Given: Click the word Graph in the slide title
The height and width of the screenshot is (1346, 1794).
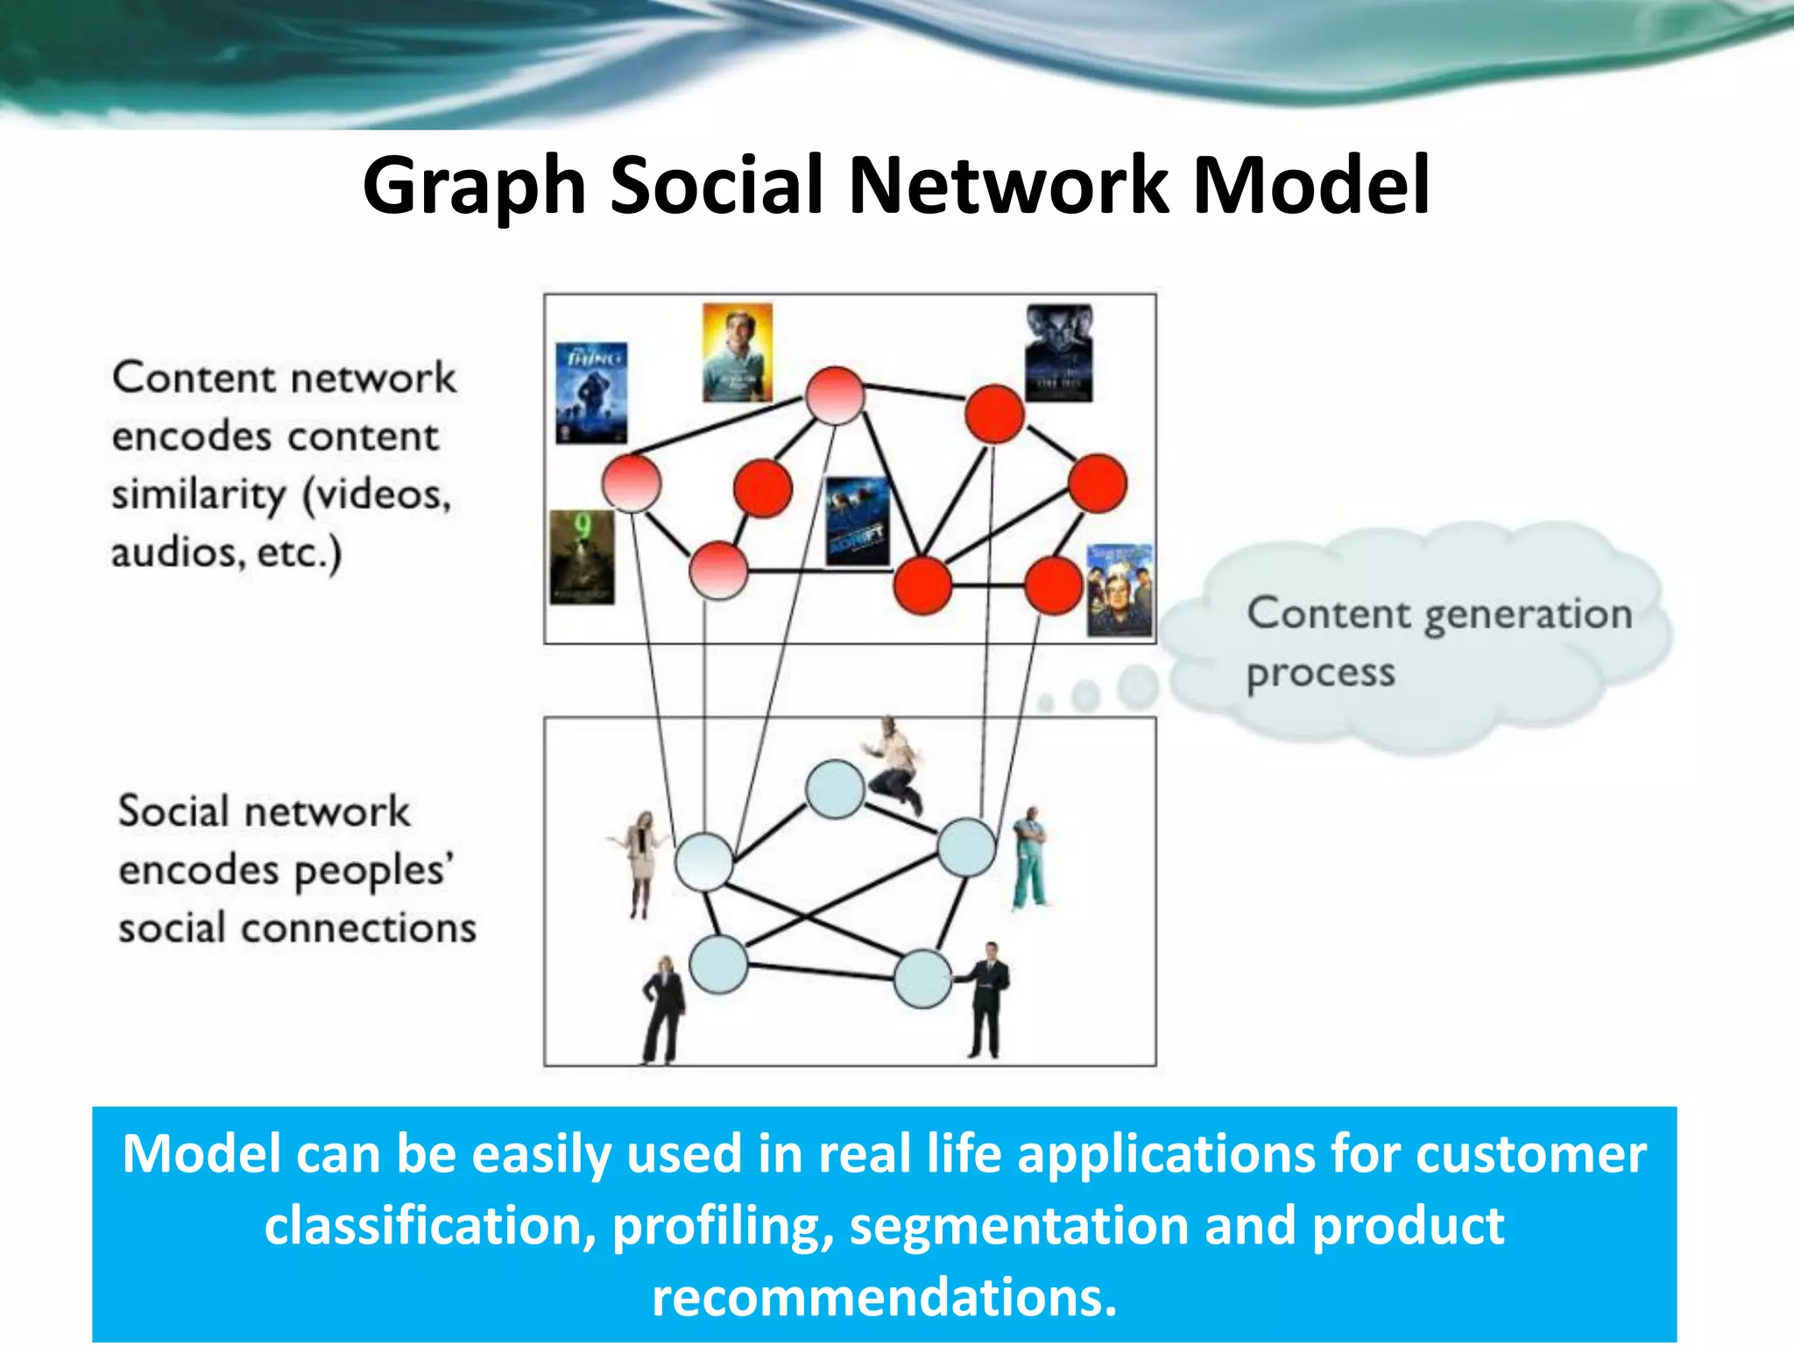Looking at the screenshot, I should (474, 186).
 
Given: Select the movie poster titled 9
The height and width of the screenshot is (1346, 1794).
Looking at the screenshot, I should (582, 557).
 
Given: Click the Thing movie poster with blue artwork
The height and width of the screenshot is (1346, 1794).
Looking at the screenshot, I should (591, 392).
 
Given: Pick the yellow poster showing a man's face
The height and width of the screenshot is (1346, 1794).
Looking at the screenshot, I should (738, 352).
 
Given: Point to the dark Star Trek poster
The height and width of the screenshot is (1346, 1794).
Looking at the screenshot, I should (1059, 352).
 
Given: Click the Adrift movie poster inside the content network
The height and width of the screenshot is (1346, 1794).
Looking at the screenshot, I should (858, 522).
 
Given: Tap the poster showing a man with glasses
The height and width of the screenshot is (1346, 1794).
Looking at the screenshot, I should (1119, 590).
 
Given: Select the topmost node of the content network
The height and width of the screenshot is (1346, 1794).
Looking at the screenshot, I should (835, 396).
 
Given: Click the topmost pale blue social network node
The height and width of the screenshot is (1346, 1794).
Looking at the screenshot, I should (834, 790).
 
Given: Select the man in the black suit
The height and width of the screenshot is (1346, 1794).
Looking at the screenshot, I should (986, 998).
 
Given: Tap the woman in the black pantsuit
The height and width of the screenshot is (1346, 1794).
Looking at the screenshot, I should (664, 1009).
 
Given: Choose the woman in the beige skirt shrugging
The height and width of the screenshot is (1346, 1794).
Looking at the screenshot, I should (641, 863).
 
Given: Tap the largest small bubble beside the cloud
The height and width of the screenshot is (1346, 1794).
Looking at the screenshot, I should (1139, 686).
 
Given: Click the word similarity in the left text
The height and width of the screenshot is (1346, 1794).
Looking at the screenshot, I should (199, 495).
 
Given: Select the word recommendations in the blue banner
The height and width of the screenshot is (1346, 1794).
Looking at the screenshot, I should (884, 1298).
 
